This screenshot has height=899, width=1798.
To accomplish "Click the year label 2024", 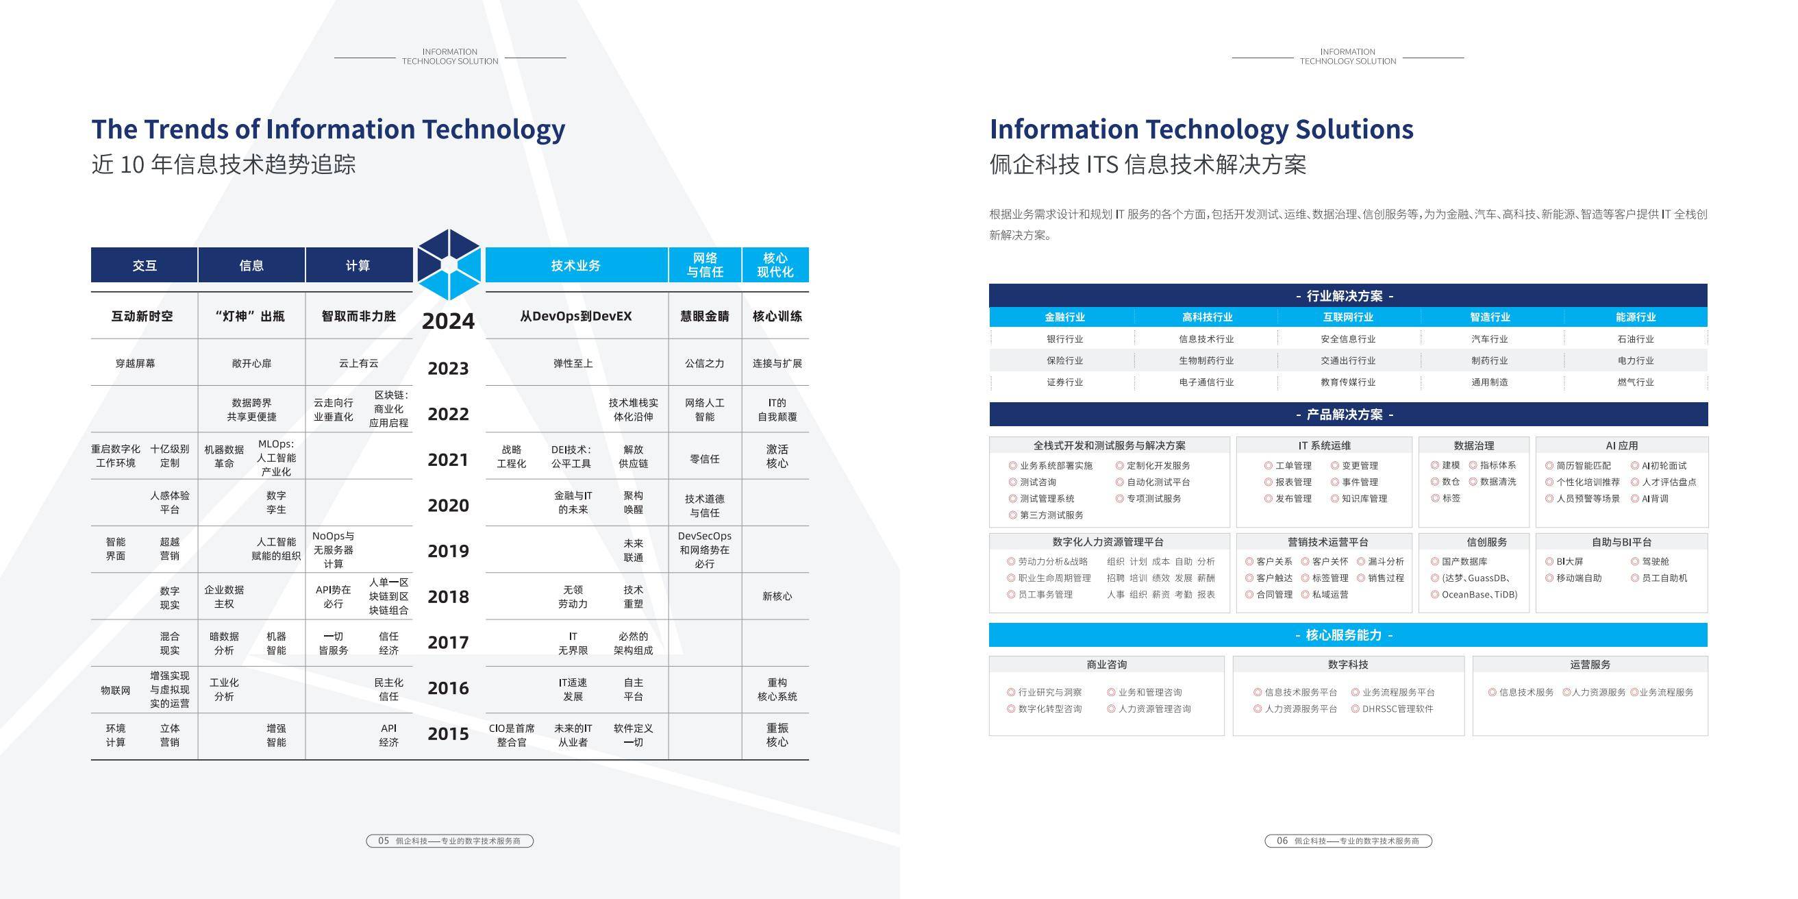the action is (448, 321).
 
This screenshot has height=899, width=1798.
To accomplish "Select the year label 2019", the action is (448, 551).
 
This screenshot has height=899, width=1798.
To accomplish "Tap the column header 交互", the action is (145, 265).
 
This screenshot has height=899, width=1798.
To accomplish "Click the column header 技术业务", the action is (576, 265).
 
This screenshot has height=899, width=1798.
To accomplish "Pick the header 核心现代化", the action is (775, 265).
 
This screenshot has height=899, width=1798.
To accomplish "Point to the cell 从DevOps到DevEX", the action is (576, 316).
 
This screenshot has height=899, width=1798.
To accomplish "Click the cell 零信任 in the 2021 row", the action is (704, 458).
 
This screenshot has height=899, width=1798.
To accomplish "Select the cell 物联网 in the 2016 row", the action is (115, 690).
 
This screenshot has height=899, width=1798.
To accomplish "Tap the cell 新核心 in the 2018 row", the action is (777, 596).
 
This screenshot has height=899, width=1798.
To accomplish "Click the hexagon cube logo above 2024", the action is (449, 264).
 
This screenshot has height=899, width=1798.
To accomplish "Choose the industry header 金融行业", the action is (1064, 317).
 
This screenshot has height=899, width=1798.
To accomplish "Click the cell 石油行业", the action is (1636, 339).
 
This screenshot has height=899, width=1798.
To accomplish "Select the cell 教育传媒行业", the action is (1348, 382).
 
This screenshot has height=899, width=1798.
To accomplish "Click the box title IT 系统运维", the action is (1324, 445).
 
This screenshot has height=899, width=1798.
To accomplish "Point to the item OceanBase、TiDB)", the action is (1479, 595).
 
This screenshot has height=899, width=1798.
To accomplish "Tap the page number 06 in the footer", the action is (1282, 840).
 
